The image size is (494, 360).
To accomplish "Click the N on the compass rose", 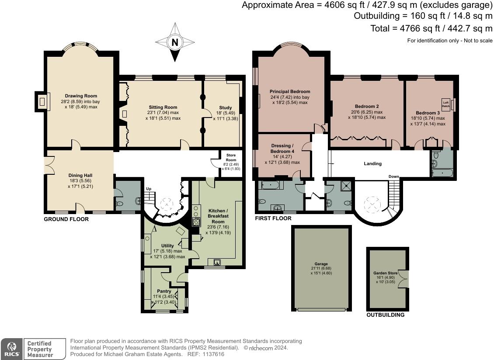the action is (x=175, y=42).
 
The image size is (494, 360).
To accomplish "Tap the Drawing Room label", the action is (x=81, y=96).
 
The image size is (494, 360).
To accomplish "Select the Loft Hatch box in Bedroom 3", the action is (x=445, y=104).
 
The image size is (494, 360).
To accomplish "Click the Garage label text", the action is (x=321, y=264).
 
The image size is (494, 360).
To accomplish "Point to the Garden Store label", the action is (x=385, y=273).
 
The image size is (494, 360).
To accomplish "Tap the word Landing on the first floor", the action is (x=373, y=163).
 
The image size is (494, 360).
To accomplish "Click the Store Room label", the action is (x=231, y=157).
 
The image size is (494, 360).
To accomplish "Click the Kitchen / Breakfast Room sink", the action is (x=217, y=262).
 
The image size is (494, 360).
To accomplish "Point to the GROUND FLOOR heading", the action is (x=66, y=219).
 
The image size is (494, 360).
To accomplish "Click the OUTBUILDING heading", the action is (x=385, y=315).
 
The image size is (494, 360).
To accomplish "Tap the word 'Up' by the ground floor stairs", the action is (x=149, y=189).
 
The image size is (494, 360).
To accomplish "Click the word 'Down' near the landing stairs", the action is (x=394, y=177).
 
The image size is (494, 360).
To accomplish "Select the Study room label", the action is (x=226, y=108).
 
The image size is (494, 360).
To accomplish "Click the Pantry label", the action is (x=164, y=291).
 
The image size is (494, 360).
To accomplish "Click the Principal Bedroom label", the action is (x=290, y=92).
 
